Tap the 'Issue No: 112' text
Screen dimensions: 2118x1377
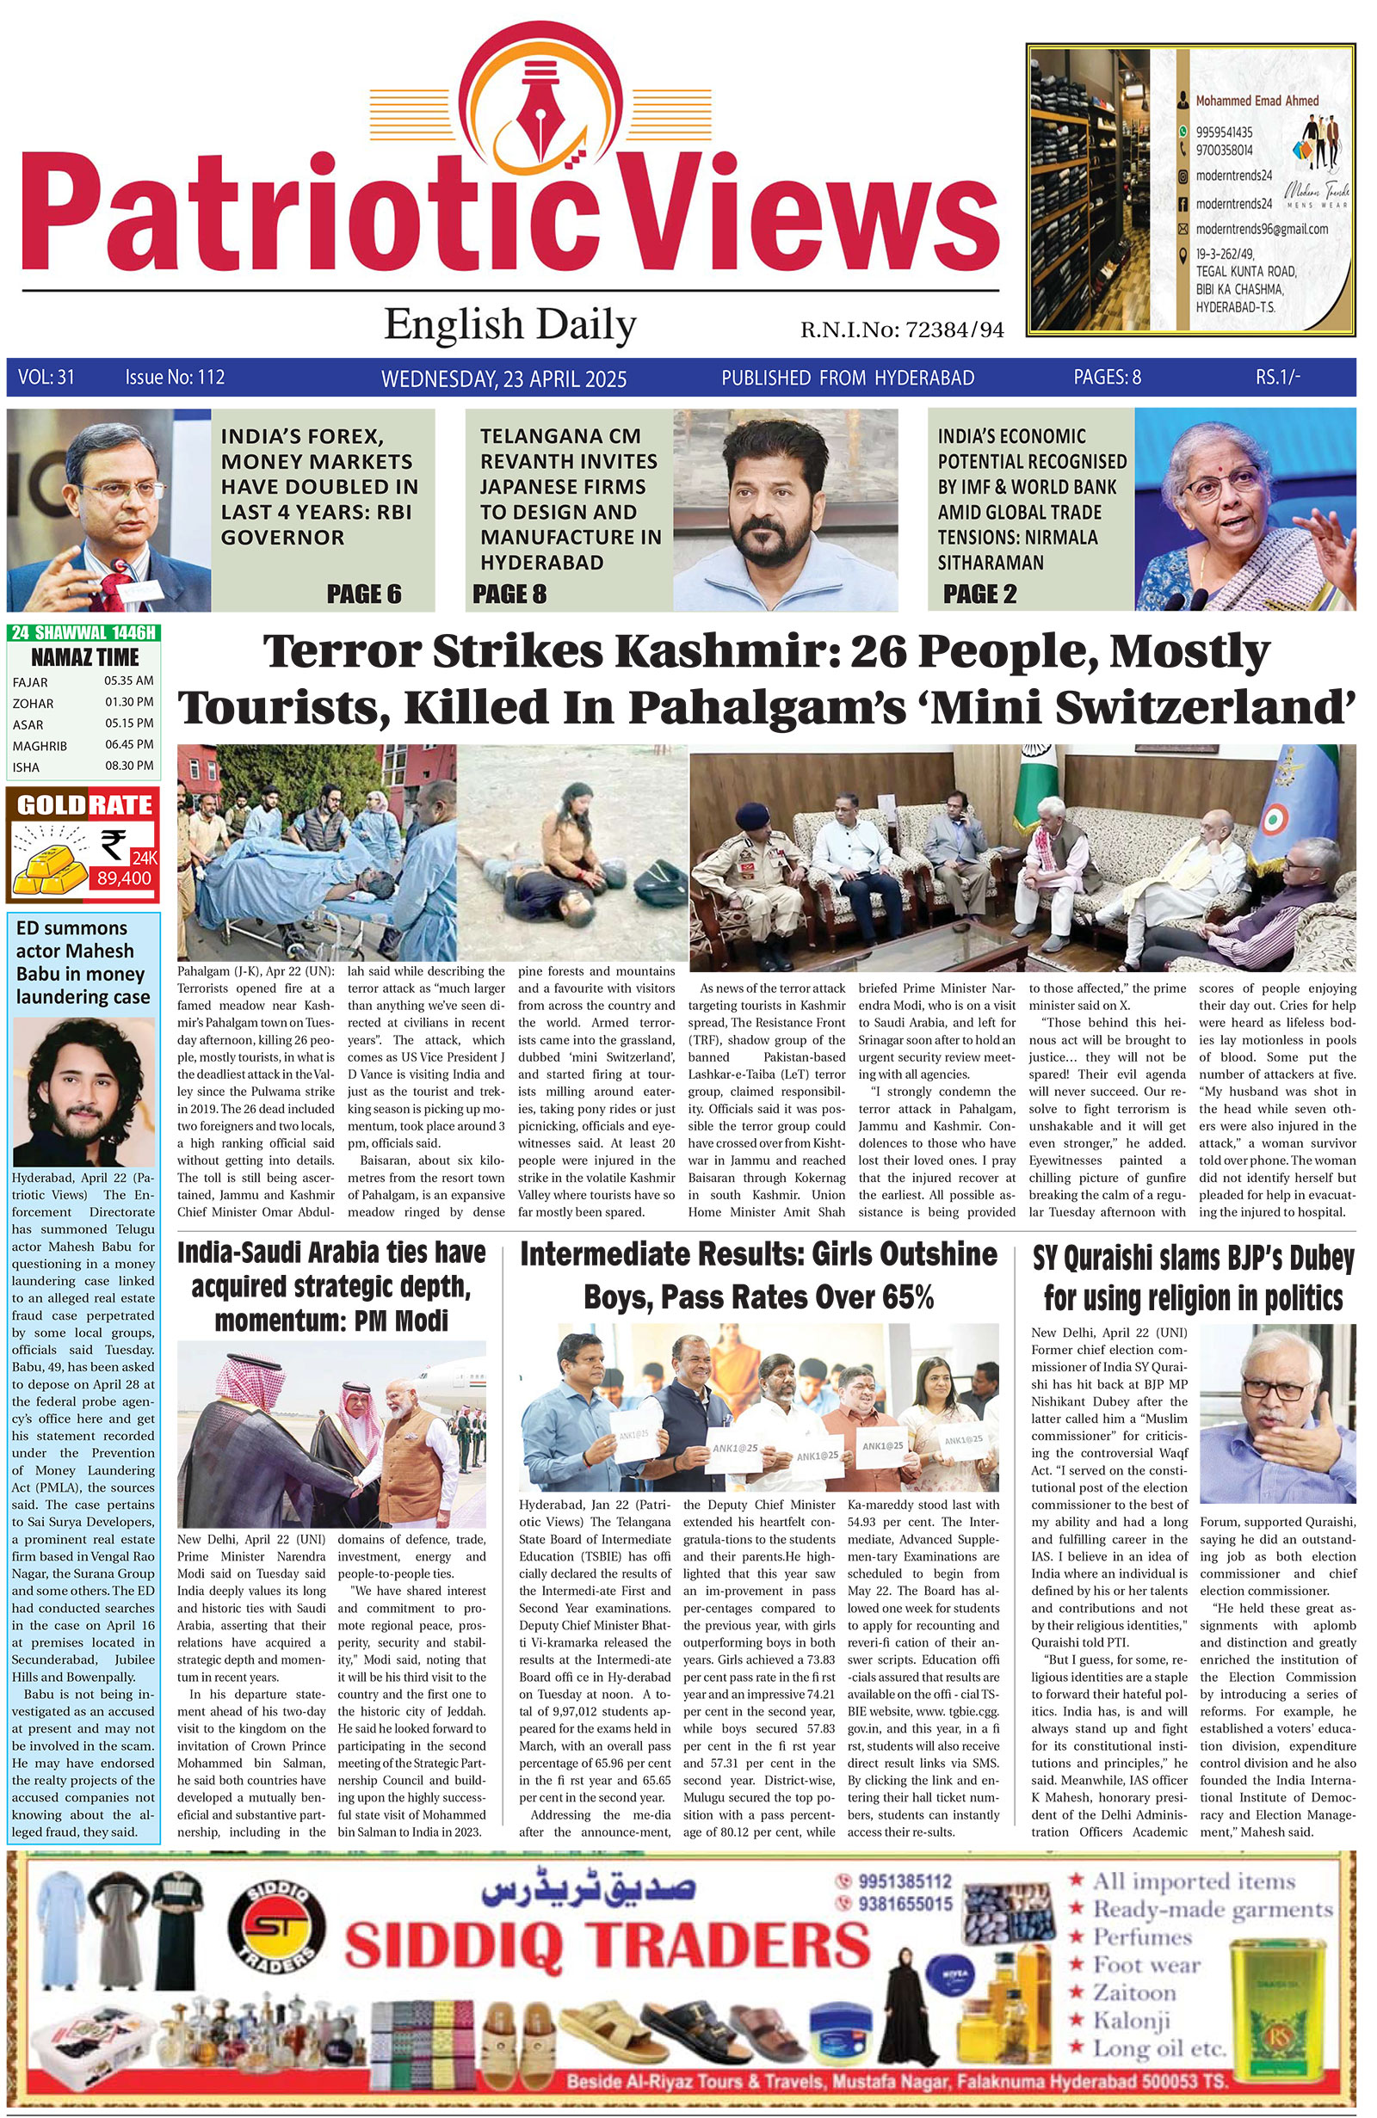click(175, 378)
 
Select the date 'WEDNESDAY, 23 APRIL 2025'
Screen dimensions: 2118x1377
click(503, 379)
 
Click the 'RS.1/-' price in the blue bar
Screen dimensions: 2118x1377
click(1278, 378)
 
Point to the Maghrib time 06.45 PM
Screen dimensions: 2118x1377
click(128, 745)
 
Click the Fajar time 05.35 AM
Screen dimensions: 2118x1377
click(128, 680)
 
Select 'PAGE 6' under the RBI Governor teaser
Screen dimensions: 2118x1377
click(363, 594)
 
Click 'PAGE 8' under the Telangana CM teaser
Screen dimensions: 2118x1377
click(509, 594)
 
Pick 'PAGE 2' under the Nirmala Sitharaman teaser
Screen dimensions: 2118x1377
click(979, 594)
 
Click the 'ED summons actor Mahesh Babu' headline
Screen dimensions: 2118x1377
click(83, 962)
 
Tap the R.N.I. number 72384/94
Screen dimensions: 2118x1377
click(954, 331)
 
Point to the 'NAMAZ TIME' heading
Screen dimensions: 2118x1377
click(84, 657)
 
